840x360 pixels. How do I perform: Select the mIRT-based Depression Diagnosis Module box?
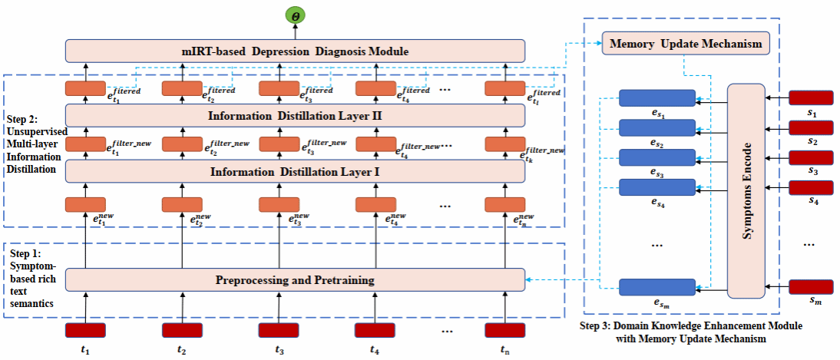pyautogui.click(x=296, y=51)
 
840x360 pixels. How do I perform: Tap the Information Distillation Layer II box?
pyautogui.click(x=296, y=116)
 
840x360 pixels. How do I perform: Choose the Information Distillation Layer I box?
pyautogui.click(x=296, y=170)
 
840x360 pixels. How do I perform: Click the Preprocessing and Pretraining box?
pyautogui.click(x=296, y=280)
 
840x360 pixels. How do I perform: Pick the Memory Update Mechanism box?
pyautogui.click(x=685, y=44)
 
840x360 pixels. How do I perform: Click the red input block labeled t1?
pyautogui.click(x=85, y=331)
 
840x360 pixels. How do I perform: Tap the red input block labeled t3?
pyautogui.click(x=279, y=331)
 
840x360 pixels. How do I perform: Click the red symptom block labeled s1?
pyautogui.click(x=811, y=97)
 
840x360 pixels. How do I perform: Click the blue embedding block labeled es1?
pyautogui.click(x=657, y=97)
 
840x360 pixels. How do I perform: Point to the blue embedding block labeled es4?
pyautogui.click(x=657, y=187)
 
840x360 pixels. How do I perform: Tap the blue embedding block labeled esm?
pyautogui.click(x=657, y=288)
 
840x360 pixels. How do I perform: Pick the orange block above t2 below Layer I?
pyautogui.click(x=182, y=204)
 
